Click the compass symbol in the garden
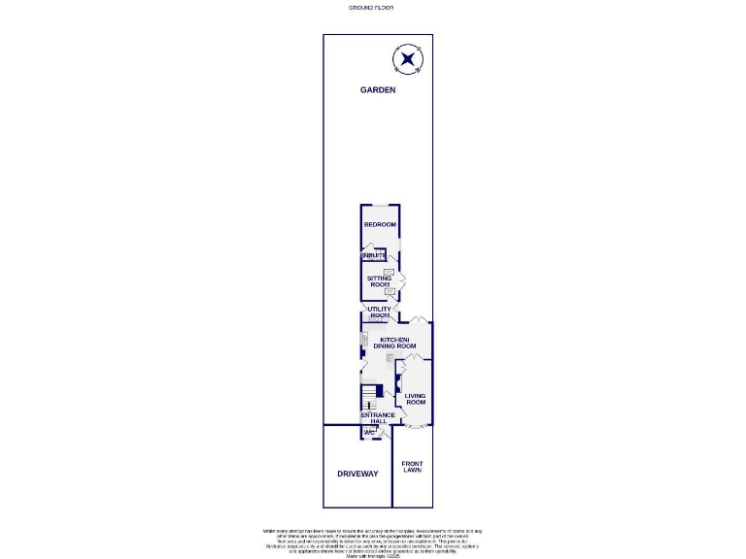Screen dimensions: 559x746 [408, 60]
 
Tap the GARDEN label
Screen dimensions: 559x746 [378, 90]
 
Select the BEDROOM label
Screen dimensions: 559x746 [380, 225]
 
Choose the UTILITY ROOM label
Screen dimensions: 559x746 [379, 312]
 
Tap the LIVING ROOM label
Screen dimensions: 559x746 [416, 400]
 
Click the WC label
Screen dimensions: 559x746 [370, 432]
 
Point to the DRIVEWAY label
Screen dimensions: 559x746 [356, 474]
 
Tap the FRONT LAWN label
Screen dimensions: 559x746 [413, 468]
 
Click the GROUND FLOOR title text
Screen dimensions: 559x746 [371, 7]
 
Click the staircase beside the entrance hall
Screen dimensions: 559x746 [368, 398]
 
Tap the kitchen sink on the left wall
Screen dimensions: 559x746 [364, 340]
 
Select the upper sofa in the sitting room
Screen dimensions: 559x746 [390, 272]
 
